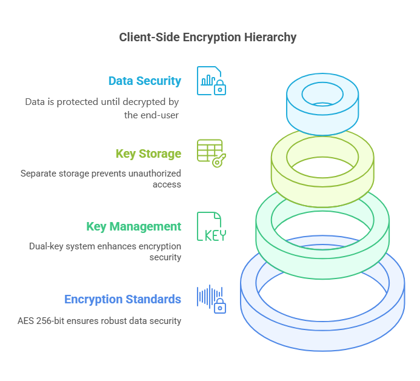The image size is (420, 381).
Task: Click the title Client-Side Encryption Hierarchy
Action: click(x=208, y=38)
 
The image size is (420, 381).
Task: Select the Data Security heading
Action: click(x=144, y=81)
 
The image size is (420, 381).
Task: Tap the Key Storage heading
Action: click(x=148, y=153)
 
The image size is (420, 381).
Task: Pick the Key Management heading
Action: click(x=133, y=226)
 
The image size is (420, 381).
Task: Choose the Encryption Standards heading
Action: click(x=122, y=299)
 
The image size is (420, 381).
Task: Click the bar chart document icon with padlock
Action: click(x=210, y=81)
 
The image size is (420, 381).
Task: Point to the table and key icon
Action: click(x=211, y=153)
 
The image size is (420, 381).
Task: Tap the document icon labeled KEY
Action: click(x=211, y=227)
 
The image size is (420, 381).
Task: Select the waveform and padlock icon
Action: click(x=211, y=299)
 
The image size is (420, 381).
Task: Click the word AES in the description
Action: click(x=27, y=320)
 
